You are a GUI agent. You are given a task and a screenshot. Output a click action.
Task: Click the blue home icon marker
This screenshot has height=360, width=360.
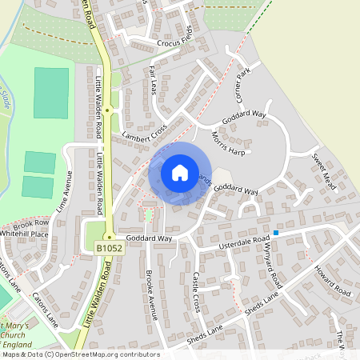pos(179,173)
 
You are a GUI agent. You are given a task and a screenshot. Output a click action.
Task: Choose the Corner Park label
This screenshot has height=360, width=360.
pos(243,82)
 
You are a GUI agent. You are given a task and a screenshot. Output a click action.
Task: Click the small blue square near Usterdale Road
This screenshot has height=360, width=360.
pos(276,233)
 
